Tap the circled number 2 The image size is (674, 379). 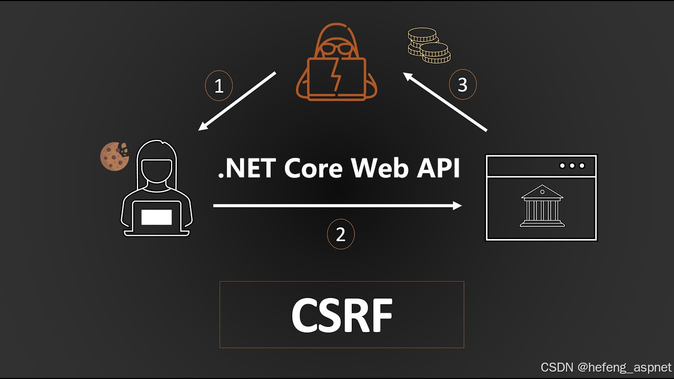tap(341, 235)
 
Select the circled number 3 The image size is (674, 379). tap(462, 85)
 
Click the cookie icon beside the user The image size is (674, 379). tap(114, 156)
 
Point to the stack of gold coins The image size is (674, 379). tap(429, 46)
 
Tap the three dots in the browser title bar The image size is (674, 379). tap(572, 166)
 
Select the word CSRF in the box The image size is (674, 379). tap(342, 315)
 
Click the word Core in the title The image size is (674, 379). tap(314, 168)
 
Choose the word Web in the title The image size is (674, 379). tap(376, 168)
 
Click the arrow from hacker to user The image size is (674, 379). tap(237, 101)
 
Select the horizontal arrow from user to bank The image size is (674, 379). tap(337, 206)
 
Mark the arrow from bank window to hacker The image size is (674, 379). tap(445, 102)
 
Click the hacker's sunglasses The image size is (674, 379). tap(336, 49)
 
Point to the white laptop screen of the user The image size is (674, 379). tap(156, 217)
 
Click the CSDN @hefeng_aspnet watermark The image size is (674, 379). tap(606, 367)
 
